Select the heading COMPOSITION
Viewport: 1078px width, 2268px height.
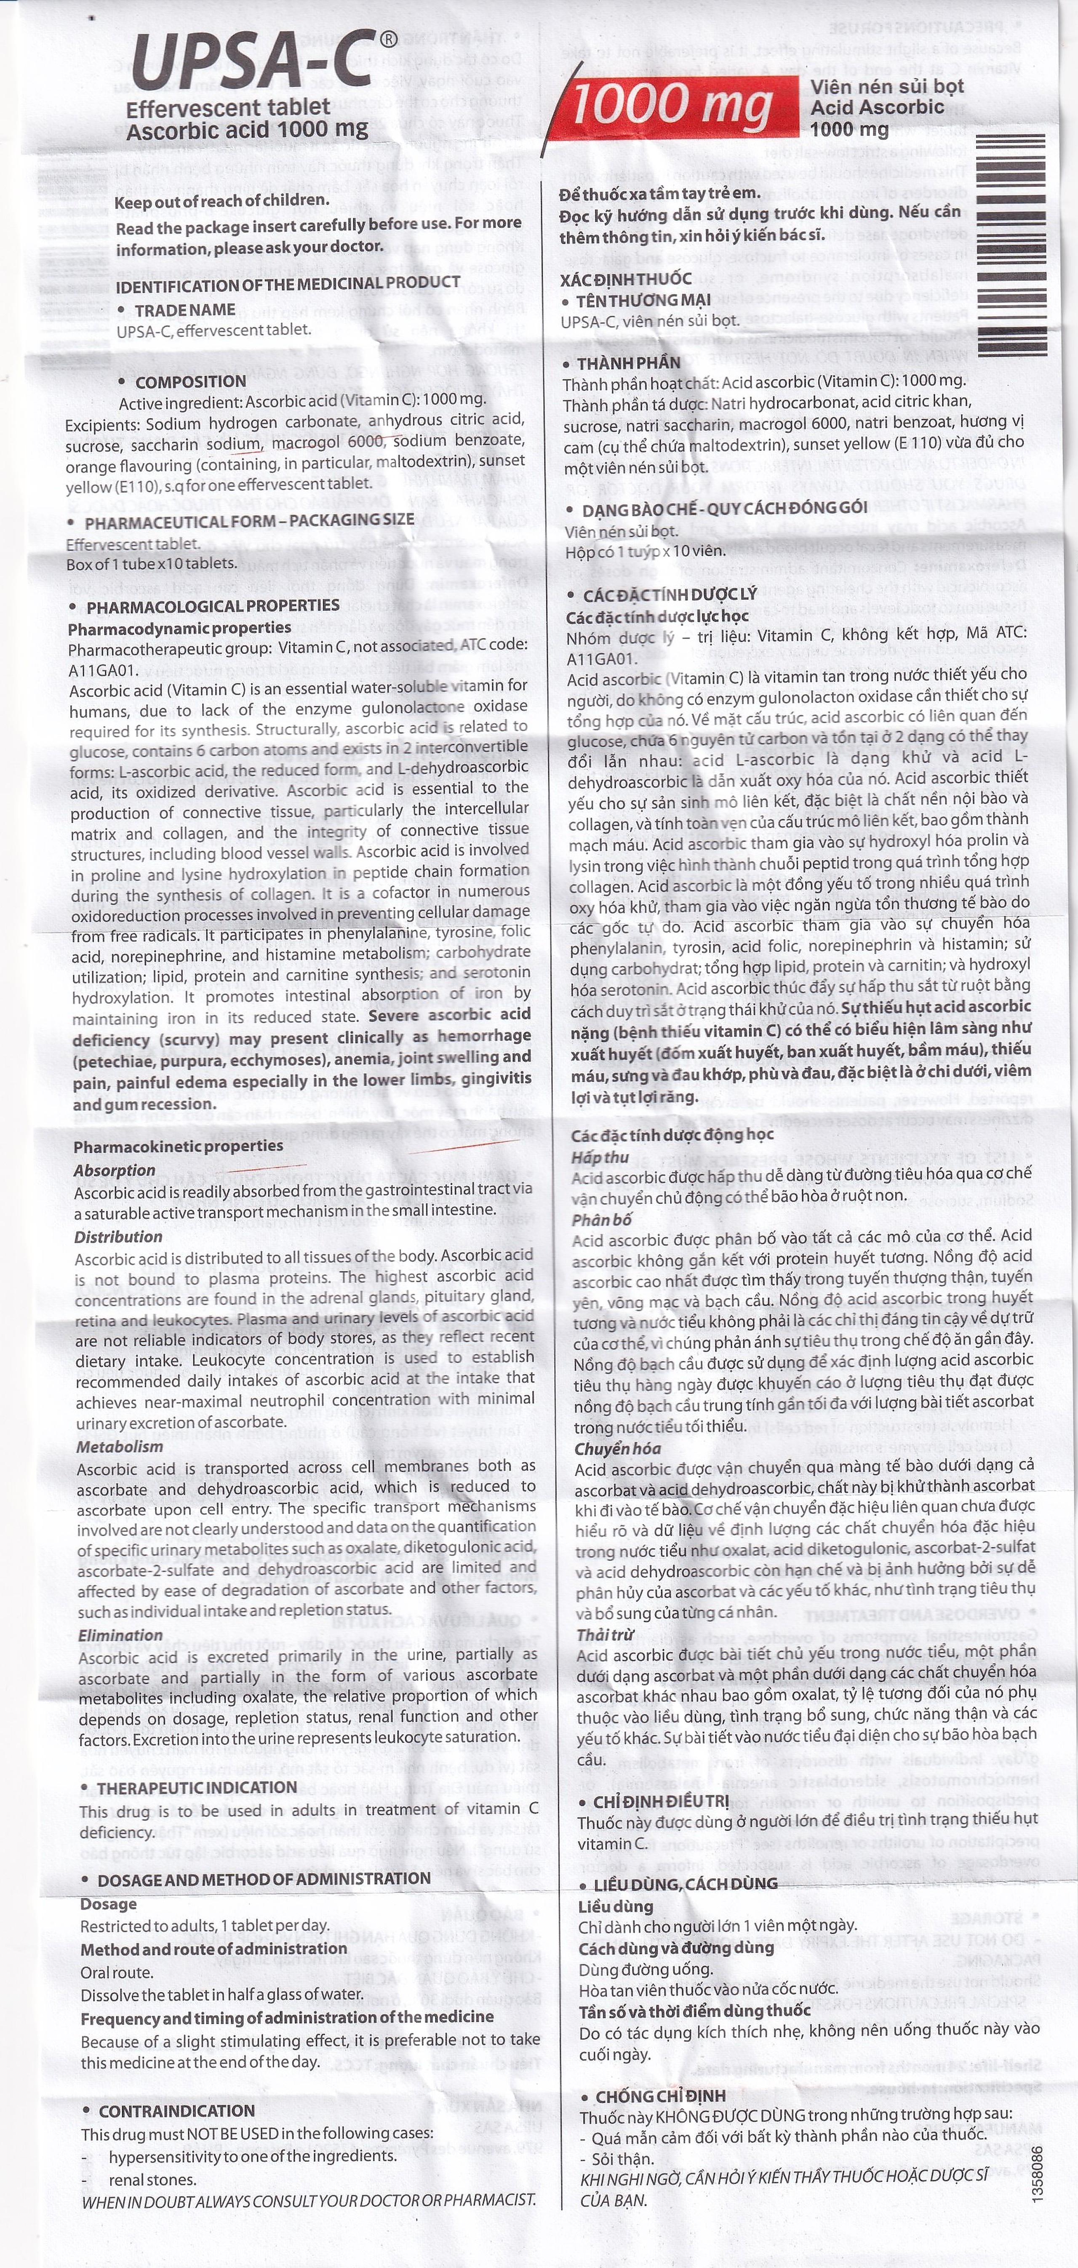[190, 381]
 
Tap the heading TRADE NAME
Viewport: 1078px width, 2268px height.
[185, 310]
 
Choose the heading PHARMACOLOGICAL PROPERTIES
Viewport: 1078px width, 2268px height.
[212, 606]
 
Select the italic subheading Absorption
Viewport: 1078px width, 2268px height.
[115, 1170]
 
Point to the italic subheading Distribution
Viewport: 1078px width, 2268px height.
[118, 1236]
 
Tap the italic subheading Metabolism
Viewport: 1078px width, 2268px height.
[120, 1447]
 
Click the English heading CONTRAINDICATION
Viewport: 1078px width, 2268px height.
[176, 2111]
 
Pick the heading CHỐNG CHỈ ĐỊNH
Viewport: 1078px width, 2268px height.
[661, 2096]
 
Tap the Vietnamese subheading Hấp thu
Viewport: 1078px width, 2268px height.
[600, 1157]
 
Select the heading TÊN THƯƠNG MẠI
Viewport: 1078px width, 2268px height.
[643, 300]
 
